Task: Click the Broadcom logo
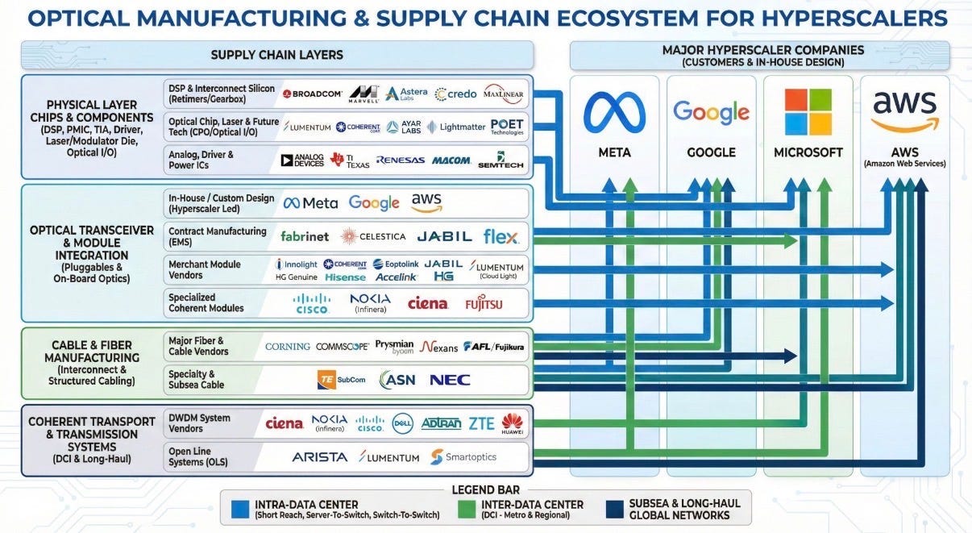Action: coord(312,94)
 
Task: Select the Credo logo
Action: coord(455,94)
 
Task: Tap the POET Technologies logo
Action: coord(507,127)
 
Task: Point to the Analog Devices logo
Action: coord(302,160)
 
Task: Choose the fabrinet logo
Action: coord(305,236)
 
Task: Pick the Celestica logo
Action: coord(372,236)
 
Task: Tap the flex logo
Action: coord(501,236)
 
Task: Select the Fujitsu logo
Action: coord(484,304)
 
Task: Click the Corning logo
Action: coord(288,347)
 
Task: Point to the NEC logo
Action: coord(450,380)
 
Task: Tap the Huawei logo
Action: coord(512,423)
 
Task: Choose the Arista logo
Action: coord(320,457)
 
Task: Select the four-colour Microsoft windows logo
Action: coord(808,112)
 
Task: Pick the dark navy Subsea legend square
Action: coord(615,510)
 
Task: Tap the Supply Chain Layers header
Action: coord(277,55)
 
